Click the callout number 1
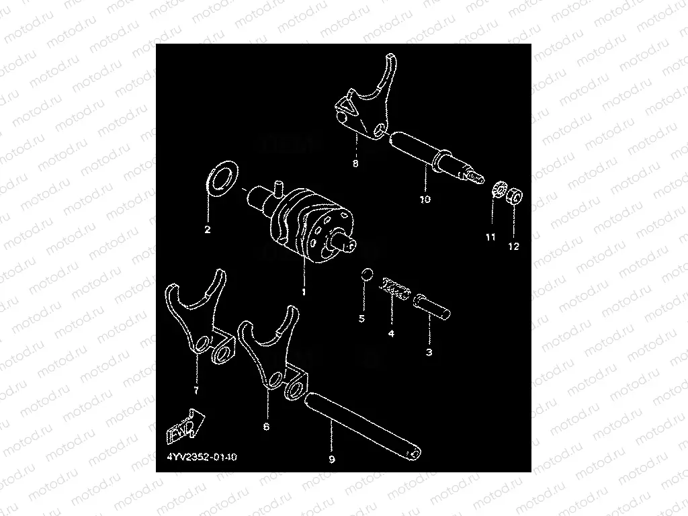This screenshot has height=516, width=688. tap(304, 292)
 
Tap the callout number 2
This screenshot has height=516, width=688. tap(208, 229)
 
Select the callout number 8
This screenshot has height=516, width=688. tap(355, 164)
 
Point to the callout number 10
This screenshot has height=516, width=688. tap(425, 199)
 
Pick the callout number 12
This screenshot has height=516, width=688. tap(514, 247)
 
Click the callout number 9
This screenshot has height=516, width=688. tap(332, 460)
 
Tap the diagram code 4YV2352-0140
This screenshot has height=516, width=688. tap(202, 457)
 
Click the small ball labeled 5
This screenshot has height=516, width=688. tap(368, 274)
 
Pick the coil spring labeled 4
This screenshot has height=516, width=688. tap(394, 289)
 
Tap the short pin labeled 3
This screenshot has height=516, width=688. tap(432, 306)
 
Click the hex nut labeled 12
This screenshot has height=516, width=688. tap(515, 195)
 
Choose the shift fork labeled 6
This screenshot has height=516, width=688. tap(273, 351)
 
